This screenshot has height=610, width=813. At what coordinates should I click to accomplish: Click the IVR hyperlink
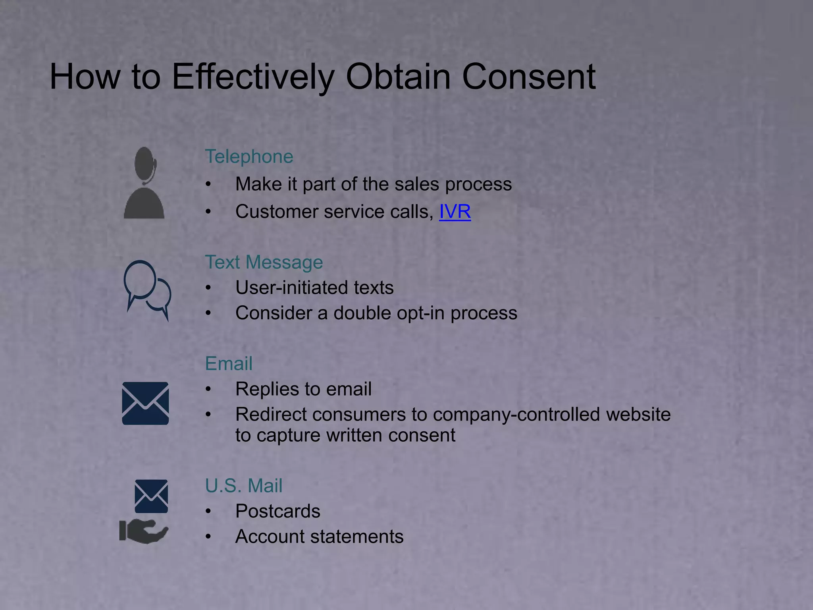coord(455,211)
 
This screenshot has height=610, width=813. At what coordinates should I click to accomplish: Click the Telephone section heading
coord(249,156)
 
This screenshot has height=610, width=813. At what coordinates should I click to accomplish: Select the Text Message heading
coord(264,262)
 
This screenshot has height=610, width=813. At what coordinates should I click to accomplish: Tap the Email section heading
coord(229,363)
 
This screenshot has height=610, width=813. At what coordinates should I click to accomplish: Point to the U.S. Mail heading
coord(243,485)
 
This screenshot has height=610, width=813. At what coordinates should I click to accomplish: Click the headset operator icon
coord(144,183)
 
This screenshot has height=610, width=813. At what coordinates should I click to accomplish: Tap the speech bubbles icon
coord(147,290)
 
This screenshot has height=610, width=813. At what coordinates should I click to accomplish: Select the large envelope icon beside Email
coord(145,403)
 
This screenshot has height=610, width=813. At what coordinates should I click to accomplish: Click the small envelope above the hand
coord(151,496)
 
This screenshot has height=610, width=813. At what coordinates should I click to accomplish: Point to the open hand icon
coord(144,531)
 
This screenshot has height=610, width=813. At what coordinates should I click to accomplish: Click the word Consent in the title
coord(528,76)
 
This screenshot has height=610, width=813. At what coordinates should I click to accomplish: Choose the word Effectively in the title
coord(253,76)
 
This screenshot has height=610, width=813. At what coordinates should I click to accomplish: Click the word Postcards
coord(277,511)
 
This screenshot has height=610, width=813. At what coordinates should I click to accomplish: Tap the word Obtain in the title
coord(398,76)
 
